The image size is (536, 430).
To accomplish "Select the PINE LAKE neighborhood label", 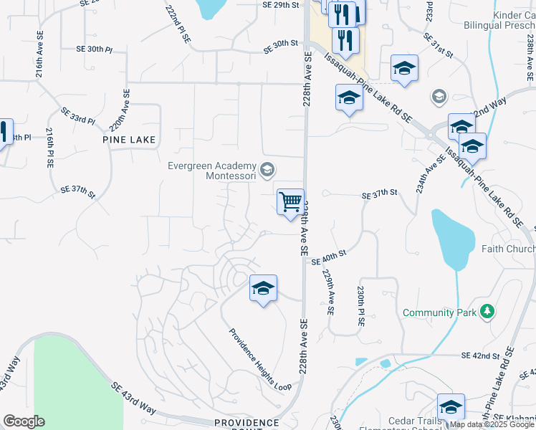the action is [x=129, y=139].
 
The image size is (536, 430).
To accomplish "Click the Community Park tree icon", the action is [x=487, y=311].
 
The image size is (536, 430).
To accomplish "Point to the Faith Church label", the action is [x=509, y=249].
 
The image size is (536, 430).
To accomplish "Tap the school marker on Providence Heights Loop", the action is [x=263, y=289].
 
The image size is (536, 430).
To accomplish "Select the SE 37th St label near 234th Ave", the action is [x=379, y=194].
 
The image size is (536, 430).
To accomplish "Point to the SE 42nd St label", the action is [x=480, y=356].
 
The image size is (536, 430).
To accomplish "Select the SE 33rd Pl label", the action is [x=77, y=116].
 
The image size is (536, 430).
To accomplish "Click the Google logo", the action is [x=24, y=421].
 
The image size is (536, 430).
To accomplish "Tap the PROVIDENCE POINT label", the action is [x=246, y=423].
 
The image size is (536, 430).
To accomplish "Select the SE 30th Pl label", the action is [x=95, y=49].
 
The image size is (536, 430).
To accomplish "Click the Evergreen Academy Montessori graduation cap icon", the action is [x=267, y=169].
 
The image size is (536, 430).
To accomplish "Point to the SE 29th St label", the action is [x=280, y=4].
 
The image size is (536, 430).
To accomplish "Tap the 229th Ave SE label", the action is [x=328, y=292].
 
